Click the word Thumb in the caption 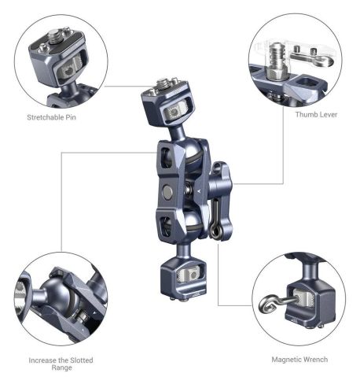pos(303,114)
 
